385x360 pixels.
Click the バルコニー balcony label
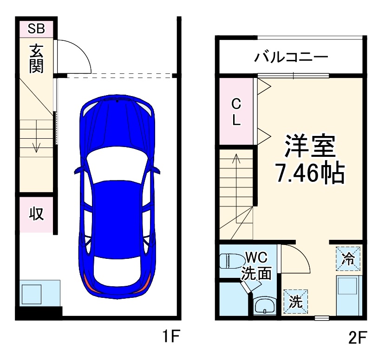click(291, 58)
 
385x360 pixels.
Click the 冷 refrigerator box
click(348, 258)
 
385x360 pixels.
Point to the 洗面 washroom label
click(256, 273)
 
